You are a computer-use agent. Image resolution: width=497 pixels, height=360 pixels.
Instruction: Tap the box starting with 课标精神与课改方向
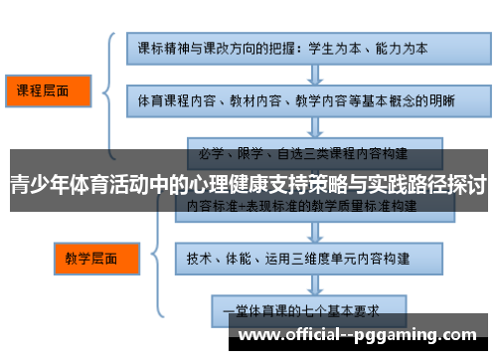pos(298,49)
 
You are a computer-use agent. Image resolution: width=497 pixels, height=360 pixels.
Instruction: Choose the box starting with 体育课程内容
pos(298,100)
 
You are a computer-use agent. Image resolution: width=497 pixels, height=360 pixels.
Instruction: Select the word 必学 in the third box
pos(211,154)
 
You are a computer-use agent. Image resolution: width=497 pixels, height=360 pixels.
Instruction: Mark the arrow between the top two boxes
pos(298,75)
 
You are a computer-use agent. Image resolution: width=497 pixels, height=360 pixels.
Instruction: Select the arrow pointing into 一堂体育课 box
pos(298,280)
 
